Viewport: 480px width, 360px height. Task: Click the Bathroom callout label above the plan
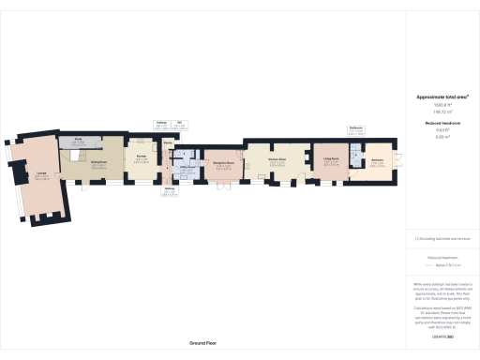click(356, 129)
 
